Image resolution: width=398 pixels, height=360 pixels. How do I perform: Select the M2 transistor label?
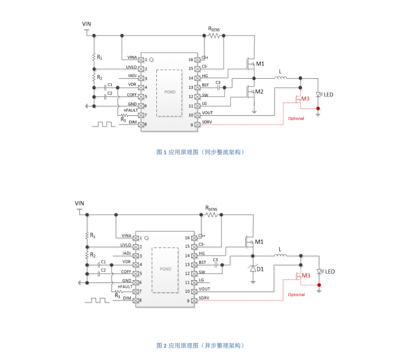pos(260,92)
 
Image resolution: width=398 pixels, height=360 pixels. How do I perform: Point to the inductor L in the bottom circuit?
pos(280,256)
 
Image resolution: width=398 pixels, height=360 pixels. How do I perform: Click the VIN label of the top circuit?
pos(87,24)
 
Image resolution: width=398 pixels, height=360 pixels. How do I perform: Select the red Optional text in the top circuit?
pos(296,118)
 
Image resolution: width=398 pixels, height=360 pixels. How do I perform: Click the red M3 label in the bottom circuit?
pos(306,276)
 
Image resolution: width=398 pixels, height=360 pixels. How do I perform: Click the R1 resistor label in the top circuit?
pos(100,57)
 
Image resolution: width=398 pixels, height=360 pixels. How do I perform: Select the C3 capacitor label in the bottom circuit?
pos(215,260)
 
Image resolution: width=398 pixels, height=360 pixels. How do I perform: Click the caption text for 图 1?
pos(200,152)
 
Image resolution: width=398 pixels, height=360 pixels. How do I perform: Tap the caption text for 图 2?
pos(200,345)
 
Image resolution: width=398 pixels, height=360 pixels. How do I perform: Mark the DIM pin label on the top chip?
pos(132,122)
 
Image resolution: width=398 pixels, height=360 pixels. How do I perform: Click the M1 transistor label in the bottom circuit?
pos(259,242)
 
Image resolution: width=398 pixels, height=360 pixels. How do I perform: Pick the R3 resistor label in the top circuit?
pos(123,119)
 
